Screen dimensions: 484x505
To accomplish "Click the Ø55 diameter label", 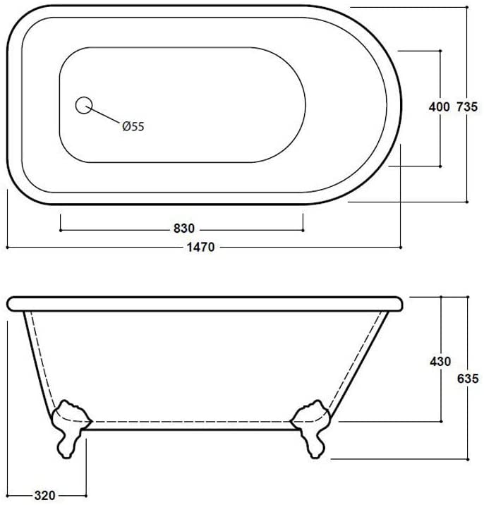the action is coord(133,126).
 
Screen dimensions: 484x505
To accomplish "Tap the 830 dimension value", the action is coord(184,229).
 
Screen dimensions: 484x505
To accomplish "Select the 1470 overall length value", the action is coord(201,247).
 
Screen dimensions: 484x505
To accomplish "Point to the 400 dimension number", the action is coord(439,107).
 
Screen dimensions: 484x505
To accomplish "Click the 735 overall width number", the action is coord(467,107).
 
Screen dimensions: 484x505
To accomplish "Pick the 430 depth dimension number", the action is coord(440,362).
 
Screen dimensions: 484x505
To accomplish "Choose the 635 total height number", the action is coord(468,379).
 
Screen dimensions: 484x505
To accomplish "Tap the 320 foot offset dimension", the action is coord(44,495).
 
